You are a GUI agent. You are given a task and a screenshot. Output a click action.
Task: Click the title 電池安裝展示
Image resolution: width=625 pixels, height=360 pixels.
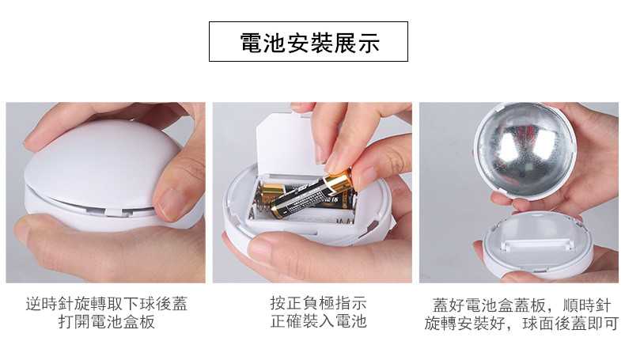pyautogui.click(x=309, y=42)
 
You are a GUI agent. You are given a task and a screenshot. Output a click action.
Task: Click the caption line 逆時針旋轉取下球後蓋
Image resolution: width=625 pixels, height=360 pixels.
pyautogui.click(x=107, y=304)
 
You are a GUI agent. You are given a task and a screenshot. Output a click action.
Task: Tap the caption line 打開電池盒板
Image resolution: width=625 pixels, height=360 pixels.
pyautogui.click(x=107, y=321)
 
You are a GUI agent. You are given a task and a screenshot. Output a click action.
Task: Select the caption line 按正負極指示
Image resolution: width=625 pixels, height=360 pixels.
pyautogui.click(x=318, y=303)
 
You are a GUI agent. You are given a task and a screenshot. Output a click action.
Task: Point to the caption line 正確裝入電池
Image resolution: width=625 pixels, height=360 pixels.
pyautogui.click(x=318, y=321)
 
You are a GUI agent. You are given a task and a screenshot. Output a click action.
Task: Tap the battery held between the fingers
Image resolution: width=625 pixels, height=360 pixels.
pyautogui.click(x=312, y=194)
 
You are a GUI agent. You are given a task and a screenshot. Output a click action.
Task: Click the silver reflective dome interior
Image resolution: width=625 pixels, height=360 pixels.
pyautogui.click(x=525, y=150)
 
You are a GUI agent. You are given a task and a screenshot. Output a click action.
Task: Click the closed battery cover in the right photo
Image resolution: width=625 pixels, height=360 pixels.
pyautogui.click(x=537, y=234)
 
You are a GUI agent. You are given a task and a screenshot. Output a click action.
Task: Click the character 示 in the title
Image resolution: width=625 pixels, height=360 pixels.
pyautogui.click(x=368, y=43)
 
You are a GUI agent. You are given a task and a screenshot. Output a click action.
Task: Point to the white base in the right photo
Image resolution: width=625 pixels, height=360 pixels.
pyautogui.click(x=538, y=244)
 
